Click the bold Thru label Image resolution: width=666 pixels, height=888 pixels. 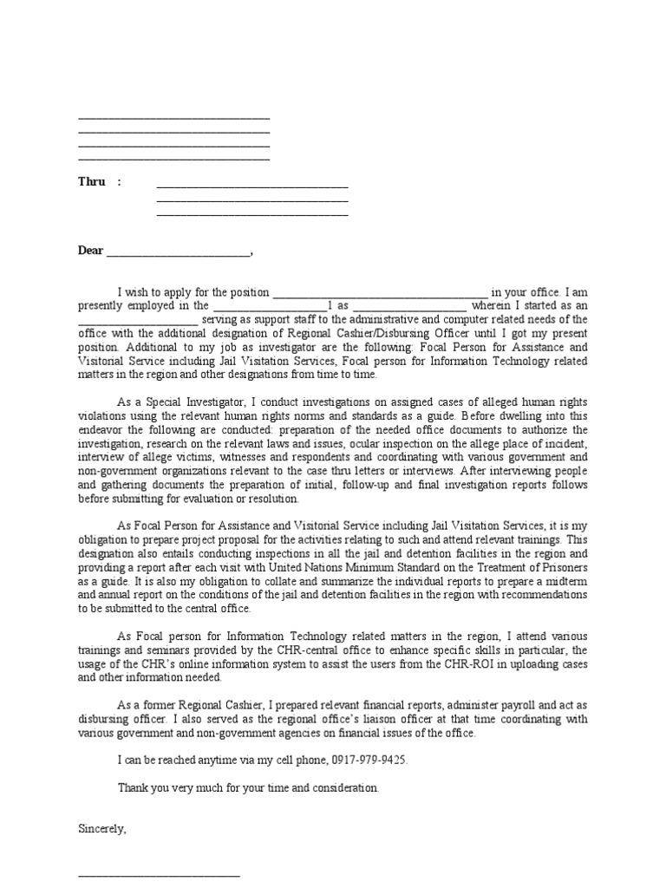(x=92, y=182)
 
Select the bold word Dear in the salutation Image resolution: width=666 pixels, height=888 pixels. (x=91, y=251)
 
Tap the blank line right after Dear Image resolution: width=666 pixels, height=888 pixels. (x=178, y=252)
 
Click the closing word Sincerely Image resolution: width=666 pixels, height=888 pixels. (x=102, y=828)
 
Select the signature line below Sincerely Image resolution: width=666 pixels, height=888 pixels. (x=159, y=873)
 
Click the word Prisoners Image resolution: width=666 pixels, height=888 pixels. (x=563, y=567)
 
